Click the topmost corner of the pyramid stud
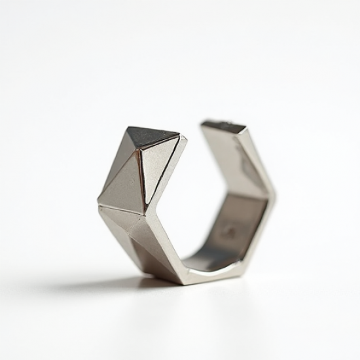pyautogui.click(x=129, y=127)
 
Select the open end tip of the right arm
pyautogui.click(x=223, y=123)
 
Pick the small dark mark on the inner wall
pyautogui.click(x=228, y=230)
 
